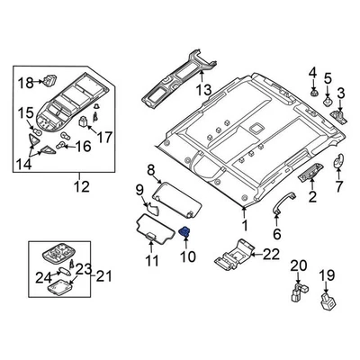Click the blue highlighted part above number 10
tap(184, 232)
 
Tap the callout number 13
tap(203, 90)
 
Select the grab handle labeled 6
tap(283, 204)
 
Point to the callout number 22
tap(271, 255)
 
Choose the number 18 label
tap(26, 83)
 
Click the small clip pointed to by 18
tap(49, 79)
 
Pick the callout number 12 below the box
tap(82, 186)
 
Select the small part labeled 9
tap(152, 209)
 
